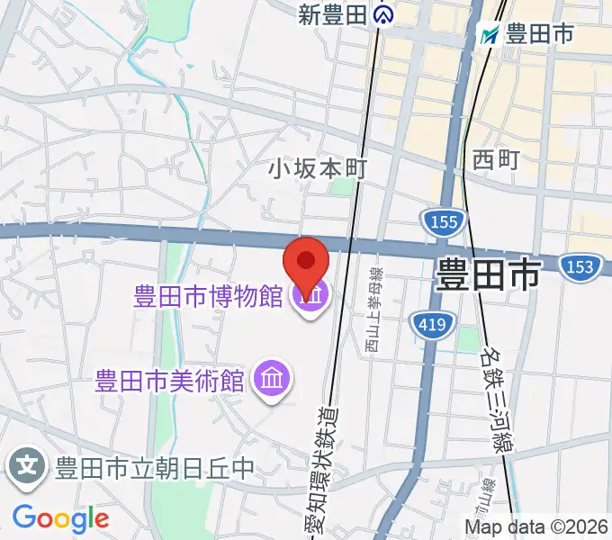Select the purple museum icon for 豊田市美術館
[x=271, y=379]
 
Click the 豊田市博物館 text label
[x=209, y=297]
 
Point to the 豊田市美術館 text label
[x=171, y=380]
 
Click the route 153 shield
[x=578, y=266]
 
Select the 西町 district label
[x=496, y=159]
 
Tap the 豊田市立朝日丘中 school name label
[x=155, y=468]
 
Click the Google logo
[x=60, y=517]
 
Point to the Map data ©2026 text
[x=536, y=526]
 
